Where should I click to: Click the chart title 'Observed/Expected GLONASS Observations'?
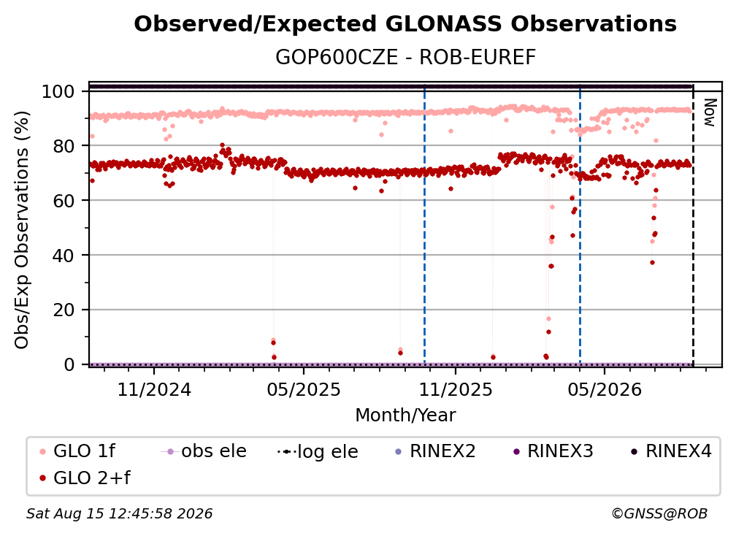[405, 24]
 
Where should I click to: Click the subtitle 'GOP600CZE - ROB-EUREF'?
[405, 57]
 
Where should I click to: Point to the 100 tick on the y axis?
[58, 91]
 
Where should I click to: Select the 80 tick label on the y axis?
[64, 146]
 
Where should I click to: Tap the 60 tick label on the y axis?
[64, 200]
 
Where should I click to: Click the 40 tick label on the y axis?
[64, 256]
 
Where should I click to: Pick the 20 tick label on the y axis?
[64, 310]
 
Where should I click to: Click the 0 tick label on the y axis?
[69, 364]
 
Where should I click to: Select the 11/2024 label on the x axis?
[154, 389]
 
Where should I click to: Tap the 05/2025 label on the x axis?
[304, 389]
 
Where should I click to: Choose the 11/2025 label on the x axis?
[456, 389]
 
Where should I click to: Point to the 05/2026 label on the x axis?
[605, 389]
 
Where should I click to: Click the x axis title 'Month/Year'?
[405, 415]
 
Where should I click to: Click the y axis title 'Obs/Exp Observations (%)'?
[22, 229]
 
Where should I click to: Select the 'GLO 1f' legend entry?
[77, 451]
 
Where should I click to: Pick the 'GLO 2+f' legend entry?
[85, 478]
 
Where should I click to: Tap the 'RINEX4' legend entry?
[671, 451]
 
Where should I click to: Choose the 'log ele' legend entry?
[318, 451]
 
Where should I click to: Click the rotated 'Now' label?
[710, 112]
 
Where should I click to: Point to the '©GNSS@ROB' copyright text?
[659, 513]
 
